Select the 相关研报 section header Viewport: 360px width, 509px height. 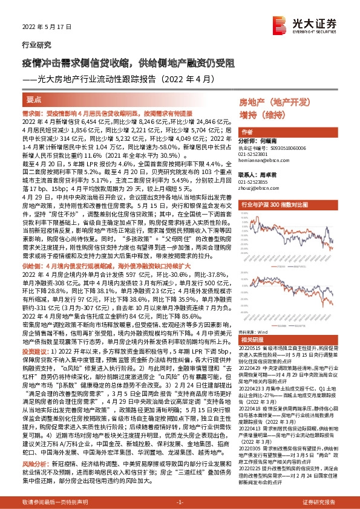pyautogui.click(x=250, y=339)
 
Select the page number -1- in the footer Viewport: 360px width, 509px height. pyautogui.click(x=180, y=503)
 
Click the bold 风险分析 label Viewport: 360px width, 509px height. pyautogui.click(x=34, y=458)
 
